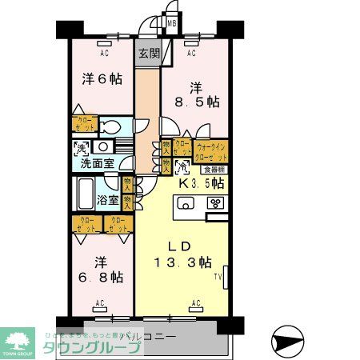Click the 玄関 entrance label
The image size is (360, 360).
pyautogui.click(x=148, y=54)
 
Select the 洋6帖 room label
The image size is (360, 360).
pyautogui.click(x=101, y=79)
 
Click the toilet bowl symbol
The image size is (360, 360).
pyautogui.click(x=112, y=126)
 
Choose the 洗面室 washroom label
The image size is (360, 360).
pyautogui.click(x=96, y=163)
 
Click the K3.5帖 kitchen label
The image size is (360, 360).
pyautogui.click(x=199, y=183)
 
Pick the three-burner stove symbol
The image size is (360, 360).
pyautogui.click(x=215, y=203)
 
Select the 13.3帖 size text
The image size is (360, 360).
pyautogui.click(x=183, y=262)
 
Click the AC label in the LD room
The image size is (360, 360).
pyautogui.click(x=196, y=303)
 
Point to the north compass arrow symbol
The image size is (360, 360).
pyautogui.click(x=286, y=342)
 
